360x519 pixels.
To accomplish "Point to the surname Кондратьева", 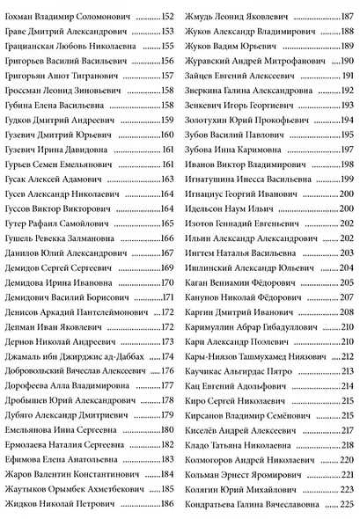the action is (219, 504).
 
